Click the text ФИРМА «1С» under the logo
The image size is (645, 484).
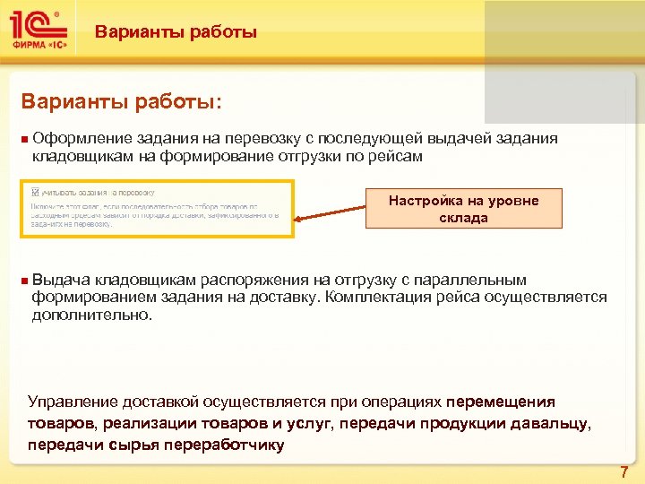point(39,42)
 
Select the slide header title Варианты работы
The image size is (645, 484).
point(176,33)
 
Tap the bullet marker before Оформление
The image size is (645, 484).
point(24,139)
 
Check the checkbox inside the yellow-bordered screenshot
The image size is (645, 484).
point(35,192)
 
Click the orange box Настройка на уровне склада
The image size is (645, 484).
point(463,209)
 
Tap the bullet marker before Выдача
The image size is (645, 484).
point(24,281)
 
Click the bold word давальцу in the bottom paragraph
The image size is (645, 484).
point(554,423)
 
